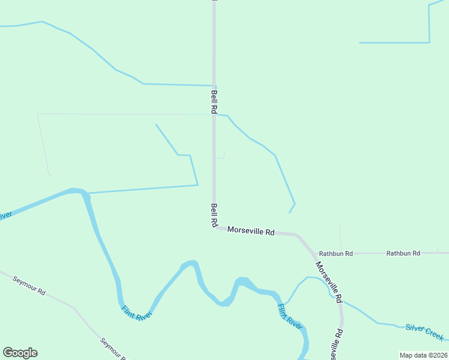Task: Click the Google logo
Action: click(20, 353)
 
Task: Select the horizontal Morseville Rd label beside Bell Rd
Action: click(251, 231)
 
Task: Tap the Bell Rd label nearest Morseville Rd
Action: click(214, 215)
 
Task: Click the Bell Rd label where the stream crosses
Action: click(214, 102)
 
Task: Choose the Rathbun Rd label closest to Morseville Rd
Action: click(336, 254)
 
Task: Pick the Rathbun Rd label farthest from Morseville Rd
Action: click(403, 254)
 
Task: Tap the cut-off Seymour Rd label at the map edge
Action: click(113, 349)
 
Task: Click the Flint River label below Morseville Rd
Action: click(289, 316)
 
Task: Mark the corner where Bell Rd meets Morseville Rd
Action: click(214, 228)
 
